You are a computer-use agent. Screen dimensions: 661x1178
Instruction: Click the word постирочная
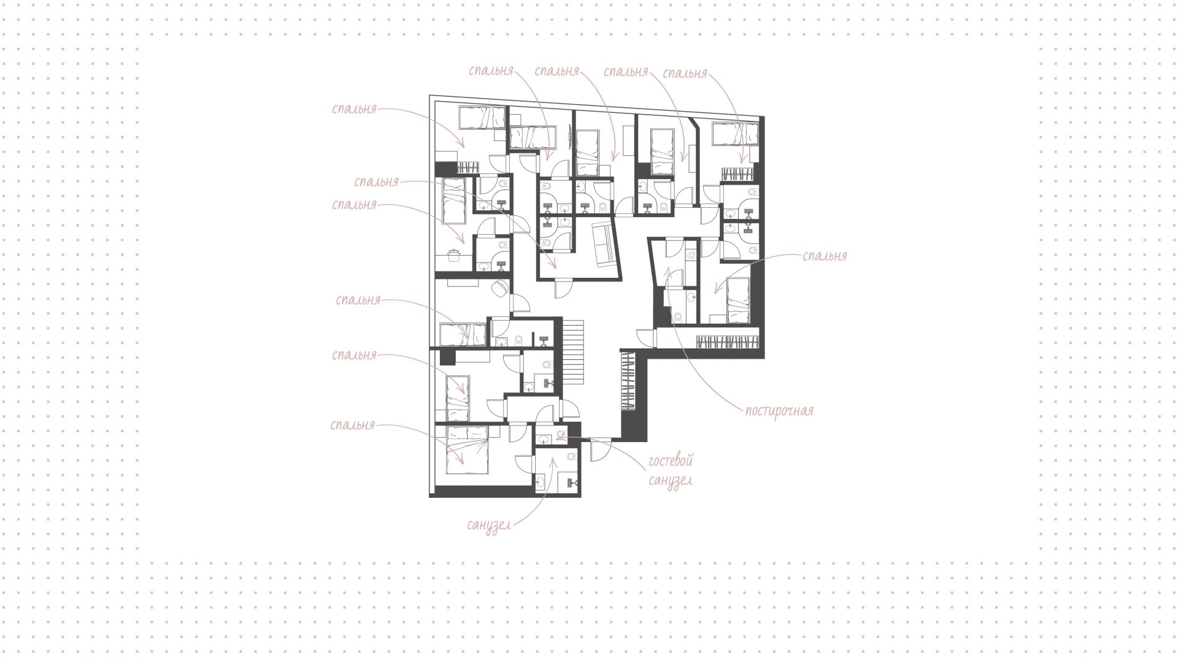779,411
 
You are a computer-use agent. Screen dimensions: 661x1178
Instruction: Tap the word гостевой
670,460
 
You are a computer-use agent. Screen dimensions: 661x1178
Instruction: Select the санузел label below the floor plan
488,525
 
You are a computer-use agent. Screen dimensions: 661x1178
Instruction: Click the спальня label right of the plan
825,256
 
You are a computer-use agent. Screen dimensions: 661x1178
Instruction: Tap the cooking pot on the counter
454,255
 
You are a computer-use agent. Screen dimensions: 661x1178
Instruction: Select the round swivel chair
501,287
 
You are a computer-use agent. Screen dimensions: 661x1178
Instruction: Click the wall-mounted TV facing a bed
572,136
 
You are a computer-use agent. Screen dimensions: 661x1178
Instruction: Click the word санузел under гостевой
670,480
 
